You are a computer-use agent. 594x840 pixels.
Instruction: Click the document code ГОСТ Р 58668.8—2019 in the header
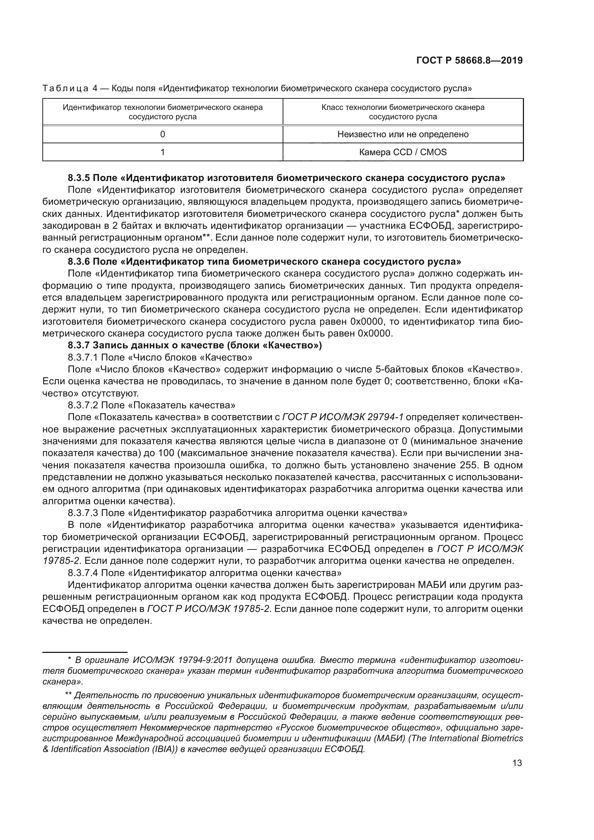click(x=469, y=61)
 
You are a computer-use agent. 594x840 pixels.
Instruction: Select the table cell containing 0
click(x=163, y=134)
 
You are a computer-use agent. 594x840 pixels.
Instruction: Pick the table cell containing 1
click(x=163, y=152)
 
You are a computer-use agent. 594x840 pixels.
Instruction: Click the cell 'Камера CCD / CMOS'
click(x=403, y=152)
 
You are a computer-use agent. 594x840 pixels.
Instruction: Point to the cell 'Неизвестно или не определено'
click(x=403, y=134)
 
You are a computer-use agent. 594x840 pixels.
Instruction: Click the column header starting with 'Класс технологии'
click(x=403, y=112)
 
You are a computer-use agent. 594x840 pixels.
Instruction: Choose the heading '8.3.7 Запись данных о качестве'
click(x=195, y=345)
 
